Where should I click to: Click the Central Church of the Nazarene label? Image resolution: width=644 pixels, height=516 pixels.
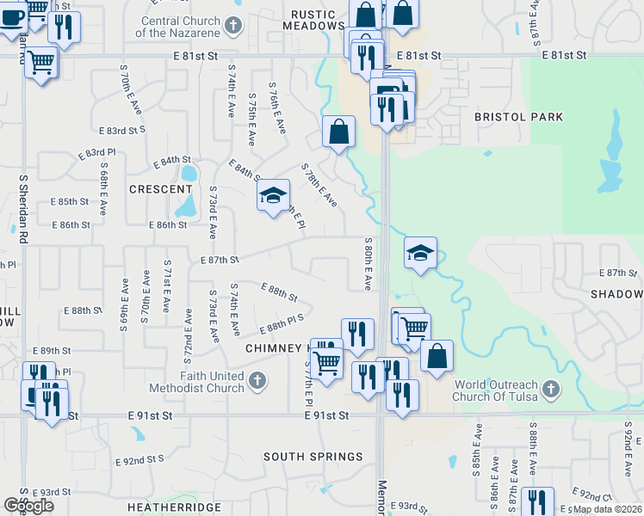(180, 27)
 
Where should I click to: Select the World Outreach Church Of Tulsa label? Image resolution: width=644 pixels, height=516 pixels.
(495, 390)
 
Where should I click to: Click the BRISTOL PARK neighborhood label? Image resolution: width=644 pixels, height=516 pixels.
(519, 117)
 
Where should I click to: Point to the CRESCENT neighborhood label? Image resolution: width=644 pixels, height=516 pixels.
(160, 189)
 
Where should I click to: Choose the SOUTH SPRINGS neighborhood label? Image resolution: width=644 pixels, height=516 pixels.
(313, 456)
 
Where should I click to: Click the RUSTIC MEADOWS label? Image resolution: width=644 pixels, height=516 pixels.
(318, 20)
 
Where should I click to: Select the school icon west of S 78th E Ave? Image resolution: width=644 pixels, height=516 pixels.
(273, 197)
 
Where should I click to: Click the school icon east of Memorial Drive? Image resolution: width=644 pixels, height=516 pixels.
(420, 253)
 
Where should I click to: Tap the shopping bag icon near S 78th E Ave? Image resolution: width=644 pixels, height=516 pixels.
(339, 132)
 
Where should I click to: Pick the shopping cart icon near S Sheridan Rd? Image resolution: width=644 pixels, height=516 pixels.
(41, 62)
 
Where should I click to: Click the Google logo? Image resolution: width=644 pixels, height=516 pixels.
(28, 505)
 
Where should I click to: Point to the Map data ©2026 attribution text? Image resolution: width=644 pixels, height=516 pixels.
(606, 509)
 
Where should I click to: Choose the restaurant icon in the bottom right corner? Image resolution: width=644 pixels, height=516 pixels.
(537, 501)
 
